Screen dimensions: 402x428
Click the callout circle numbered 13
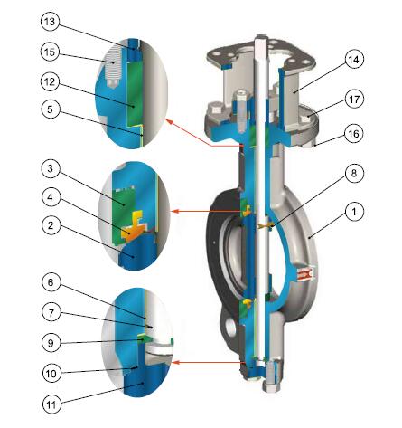[50, 22]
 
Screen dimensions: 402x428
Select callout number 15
[50, 52]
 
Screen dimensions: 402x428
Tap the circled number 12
[51, 81]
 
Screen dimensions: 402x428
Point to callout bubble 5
[51, 109]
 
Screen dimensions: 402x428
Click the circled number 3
[51, 168]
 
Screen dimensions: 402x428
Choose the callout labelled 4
[51, 197]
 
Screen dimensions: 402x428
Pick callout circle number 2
[51, 225]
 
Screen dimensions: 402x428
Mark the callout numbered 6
[51, 282]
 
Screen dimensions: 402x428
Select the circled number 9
[51, 343]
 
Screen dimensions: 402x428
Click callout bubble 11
[51, 404]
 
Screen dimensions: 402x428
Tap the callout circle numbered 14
[354, 60]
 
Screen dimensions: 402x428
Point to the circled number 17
[354, 99]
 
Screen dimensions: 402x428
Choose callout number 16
[354, 133]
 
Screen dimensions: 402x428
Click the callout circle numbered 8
[354, 173]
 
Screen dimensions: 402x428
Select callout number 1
[354, 212]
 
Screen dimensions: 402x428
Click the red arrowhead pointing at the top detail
[169, 122]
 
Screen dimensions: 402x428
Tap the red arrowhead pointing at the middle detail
[175, 211]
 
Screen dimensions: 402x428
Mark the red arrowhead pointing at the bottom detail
[175, 362]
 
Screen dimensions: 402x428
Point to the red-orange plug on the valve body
[306, 274]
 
